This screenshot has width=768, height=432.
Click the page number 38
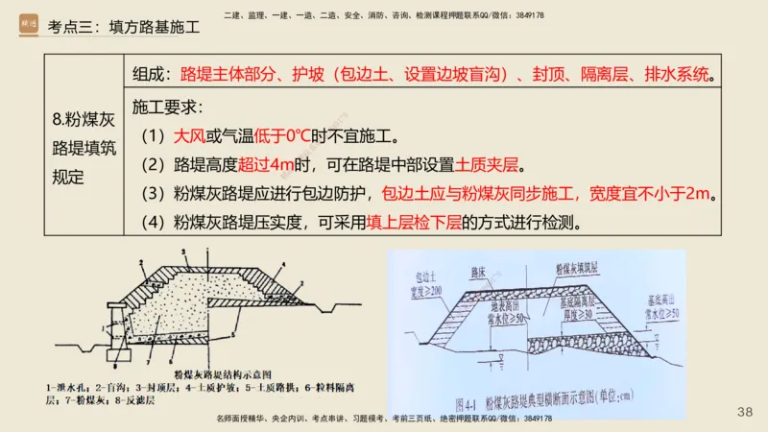[744, 411]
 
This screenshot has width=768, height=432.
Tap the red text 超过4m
[253, 164]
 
